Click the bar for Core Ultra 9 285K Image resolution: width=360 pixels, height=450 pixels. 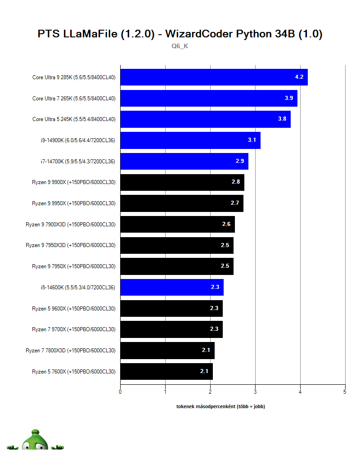pyautogui.click(x=214, y=77)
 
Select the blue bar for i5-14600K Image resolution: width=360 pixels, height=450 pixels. pyautogui.click(x=172, y=287)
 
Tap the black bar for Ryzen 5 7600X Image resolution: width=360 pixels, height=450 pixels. pyautogui.click(x=166, y=371)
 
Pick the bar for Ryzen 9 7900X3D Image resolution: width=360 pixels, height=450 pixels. pyautogui.click(x=177, y=224)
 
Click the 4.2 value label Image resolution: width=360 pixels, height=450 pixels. pyautogui.click(x=299, y=77)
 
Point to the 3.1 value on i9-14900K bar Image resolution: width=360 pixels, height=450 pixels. pyautogui.click(x=252, y=140)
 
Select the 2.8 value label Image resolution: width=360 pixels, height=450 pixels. pyautogui.click(x=235, y=182)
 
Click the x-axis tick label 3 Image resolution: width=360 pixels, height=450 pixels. pyautogui.click(x=255, y=391)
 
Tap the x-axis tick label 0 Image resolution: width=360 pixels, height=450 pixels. pyautogui.click(x=120, y=391)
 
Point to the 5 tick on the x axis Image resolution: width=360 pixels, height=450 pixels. pyautogui.click(x=345, y=391)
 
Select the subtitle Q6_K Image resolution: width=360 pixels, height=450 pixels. pyautogui.click(x=180, y=46)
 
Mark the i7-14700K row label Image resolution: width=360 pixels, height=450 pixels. pyautogui.click(x=78, y=161)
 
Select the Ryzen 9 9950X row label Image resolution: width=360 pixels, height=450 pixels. pyautogui.click(x=74, y=203)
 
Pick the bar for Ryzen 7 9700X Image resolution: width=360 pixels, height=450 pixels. pyautogui.click(x=171, y=329)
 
